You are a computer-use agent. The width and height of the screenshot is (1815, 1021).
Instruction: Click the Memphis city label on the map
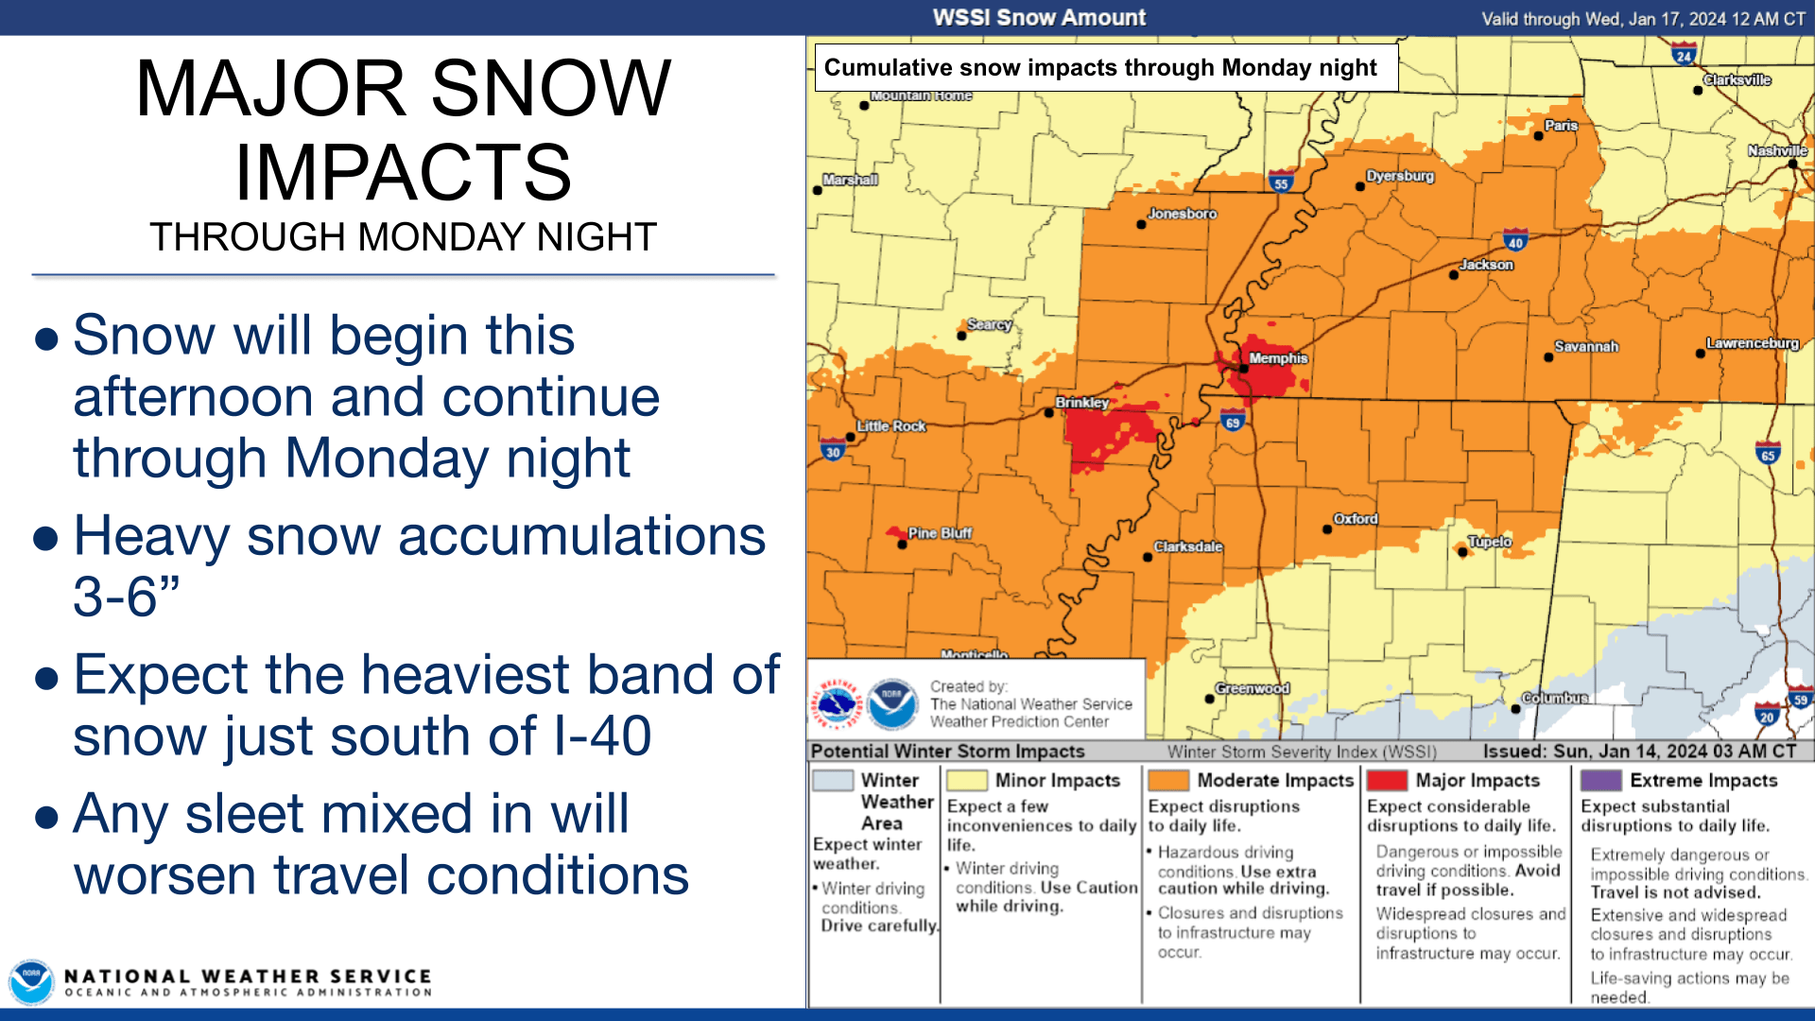[x=1278, y=358]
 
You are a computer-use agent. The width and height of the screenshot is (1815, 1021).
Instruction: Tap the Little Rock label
[x=891, y=426]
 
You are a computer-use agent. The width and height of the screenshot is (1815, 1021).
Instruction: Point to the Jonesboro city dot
[x=1141, y=225]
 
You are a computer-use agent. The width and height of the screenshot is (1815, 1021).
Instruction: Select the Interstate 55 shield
[x=1281, y=183]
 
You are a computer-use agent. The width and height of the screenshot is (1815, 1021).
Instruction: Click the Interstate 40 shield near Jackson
[x=1515, y=241]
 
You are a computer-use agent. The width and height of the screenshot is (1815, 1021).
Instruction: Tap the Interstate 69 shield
[x=1233, y=422]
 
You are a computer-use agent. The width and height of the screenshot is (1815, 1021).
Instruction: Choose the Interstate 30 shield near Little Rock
[x=833, y=451]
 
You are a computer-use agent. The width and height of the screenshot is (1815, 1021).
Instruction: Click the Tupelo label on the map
[x=1490, y=542]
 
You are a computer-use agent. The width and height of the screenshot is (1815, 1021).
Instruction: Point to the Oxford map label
[x=1356, y=519]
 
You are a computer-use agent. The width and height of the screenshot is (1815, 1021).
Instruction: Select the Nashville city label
[x=1777, y=150]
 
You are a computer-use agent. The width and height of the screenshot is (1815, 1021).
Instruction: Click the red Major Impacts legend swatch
[x=1387, y=780]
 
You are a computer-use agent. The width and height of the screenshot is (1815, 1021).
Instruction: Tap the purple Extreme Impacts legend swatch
[x=1601, y=780]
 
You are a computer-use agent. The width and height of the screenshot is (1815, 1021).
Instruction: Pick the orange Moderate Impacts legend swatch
[x=1168, y=780]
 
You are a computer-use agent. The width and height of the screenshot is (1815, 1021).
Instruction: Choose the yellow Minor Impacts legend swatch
[x=967, y=780]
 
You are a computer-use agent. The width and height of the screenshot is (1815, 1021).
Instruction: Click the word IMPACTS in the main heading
[x=404, y=172]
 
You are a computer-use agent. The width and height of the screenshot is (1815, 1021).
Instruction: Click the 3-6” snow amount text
[x=127, y=597]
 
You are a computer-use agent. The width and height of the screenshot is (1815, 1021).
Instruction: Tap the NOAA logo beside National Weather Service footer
[x=31, y=983]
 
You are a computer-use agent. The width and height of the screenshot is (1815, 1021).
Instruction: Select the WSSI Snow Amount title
[x=1039, y=18]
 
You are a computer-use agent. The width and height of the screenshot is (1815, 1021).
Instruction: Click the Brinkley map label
[x=1082, y=402]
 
